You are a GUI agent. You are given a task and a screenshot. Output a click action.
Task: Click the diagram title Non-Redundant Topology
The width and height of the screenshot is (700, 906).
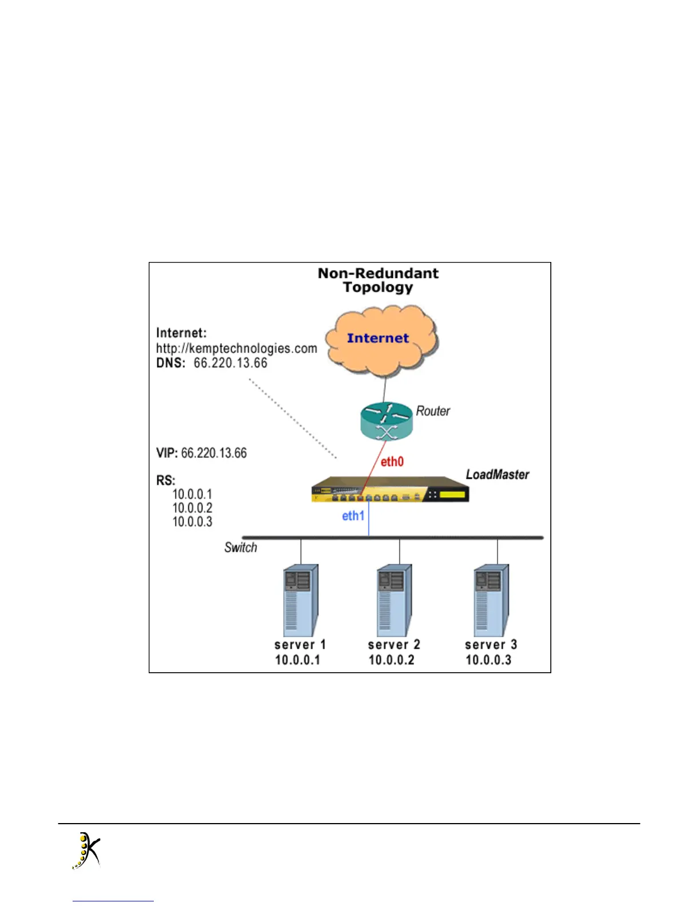378,280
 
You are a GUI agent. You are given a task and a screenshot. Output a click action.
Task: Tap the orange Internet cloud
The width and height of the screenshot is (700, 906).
380,341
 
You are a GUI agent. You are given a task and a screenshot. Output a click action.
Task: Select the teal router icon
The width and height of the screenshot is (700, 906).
387,422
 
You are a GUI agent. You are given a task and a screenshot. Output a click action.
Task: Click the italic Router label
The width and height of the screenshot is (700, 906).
433,411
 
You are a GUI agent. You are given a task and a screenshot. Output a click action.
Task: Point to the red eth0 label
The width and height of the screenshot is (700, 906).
392,462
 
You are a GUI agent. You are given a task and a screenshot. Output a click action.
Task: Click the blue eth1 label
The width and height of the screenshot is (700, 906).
353,516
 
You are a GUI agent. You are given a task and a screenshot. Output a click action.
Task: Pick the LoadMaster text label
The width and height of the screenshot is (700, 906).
497,474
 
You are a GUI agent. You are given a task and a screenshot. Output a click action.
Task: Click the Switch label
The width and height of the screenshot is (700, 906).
240,547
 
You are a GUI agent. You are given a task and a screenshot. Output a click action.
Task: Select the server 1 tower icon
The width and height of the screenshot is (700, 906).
301,600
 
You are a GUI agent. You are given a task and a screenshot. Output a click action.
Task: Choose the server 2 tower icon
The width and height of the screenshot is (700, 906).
395,600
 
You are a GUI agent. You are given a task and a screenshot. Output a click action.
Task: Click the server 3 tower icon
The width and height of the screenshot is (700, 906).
492,600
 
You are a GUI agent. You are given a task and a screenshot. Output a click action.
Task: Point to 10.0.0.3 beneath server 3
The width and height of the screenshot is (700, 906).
488,660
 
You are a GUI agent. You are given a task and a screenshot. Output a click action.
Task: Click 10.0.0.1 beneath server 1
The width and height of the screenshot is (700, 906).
297,660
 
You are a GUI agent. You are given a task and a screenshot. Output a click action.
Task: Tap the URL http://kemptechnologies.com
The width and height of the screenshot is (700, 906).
236,348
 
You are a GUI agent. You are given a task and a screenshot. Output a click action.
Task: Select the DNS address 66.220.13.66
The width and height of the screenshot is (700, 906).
230,363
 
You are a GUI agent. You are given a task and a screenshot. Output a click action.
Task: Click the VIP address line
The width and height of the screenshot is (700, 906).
201,453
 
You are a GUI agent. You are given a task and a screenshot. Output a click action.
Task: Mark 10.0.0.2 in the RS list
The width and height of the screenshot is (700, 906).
192,508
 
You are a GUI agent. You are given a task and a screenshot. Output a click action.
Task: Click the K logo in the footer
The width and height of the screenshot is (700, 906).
86,851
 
